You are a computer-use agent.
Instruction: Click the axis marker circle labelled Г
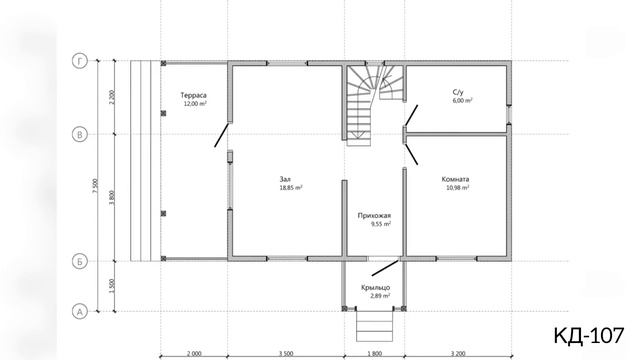80,61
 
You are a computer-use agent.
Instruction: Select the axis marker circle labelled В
80,134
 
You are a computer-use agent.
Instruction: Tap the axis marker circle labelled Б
80,261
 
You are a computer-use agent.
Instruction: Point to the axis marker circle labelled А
80,312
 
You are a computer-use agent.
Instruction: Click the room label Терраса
193,95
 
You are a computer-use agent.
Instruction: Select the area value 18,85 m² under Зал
291,188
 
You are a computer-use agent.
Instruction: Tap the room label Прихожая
374,216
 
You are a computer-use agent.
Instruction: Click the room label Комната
455,179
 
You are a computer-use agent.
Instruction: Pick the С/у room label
458,92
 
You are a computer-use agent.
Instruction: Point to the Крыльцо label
376,288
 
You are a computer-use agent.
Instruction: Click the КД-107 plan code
589,336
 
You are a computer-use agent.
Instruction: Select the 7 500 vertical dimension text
95,186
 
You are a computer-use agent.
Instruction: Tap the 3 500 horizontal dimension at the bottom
286,354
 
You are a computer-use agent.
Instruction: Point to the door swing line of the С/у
411,115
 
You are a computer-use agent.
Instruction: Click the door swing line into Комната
411,154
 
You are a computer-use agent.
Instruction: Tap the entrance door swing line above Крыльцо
385,268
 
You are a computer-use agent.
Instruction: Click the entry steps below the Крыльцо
374,326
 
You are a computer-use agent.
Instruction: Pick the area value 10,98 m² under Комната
457,188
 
